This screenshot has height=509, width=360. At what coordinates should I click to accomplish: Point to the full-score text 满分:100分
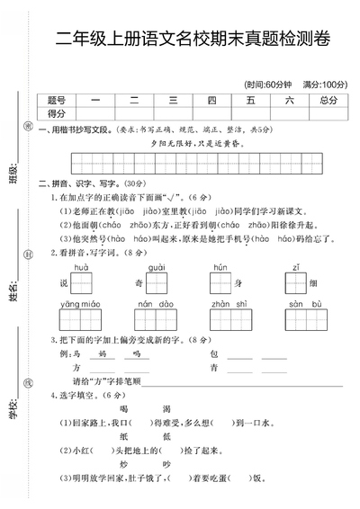point(324,84)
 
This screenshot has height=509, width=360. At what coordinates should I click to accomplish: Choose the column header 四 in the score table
point(211,101)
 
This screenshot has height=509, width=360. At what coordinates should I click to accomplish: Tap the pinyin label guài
point(156,268)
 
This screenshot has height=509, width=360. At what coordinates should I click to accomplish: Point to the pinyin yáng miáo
point(80,304)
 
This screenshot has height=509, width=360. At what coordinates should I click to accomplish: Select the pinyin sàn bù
point(300,304)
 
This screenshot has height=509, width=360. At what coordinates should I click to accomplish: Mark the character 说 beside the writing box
point(64,283)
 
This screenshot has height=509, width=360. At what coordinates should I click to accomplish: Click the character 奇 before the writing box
point(140,283)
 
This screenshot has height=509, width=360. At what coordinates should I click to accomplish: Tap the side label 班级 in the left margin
point(13,171)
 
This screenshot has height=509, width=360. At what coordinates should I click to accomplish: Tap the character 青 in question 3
point(213,368)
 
